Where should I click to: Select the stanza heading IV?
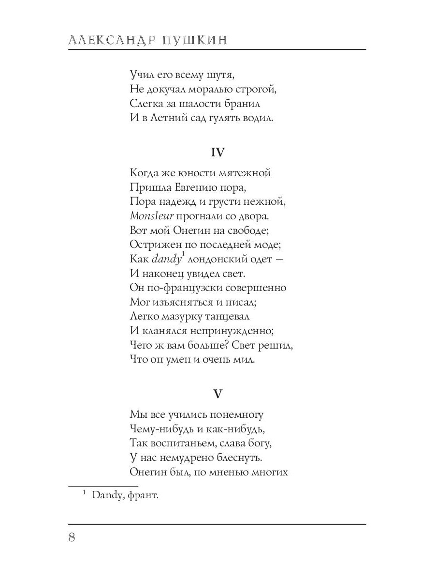(217, 152)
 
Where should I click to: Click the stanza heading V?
(217, 394)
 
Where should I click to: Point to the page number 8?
(72, 538)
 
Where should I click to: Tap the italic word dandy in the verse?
(164, 259)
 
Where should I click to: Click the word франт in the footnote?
(145, 495)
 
